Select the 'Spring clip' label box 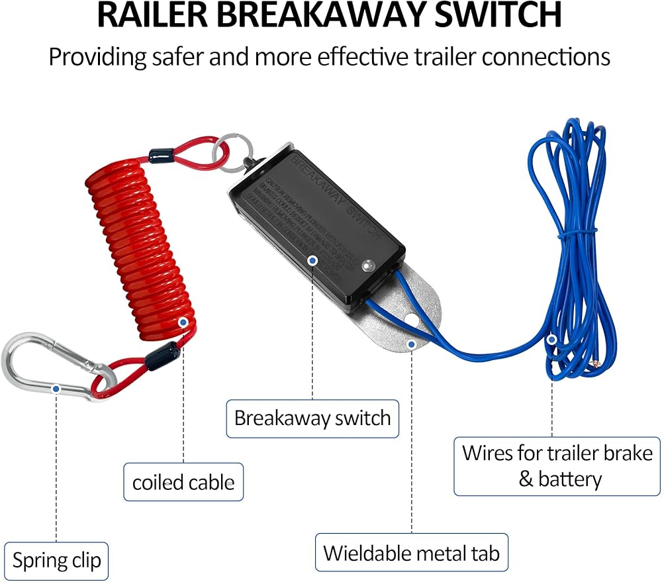click(56, 561)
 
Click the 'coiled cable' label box click(183, 481)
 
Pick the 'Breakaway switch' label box click(312, 418)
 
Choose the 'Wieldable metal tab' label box click(411, 552)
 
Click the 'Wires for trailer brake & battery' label click(557, 465)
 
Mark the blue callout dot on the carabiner click(56, 389)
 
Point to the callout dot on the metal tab click(411, 344)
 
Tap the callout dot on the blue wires click(552, 340)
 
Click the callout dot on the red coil click(183, 322)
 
